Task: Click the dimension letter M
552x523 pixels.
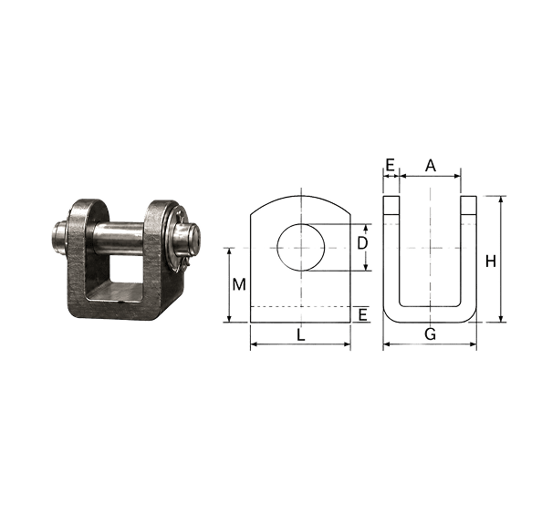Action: (x=239, y=284)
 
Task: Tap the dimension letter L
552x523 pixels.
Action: (x=300, y=335)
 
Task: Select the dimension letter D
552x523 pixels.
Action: (x=362, y=243)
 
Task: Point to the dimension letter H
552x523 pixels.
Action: (x=490, y=261)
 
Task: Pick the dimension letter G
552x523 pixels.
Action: (x=430, y=334)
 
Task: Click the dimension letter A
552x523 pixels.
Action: (x=430, y=165)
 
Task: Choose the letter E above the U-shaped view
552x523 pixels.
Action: (x=390, y=165)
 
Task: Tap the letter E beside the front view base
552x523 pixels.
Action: (x=362, y=314)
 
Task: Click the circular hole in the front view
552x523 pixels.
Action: (x=300, y=248)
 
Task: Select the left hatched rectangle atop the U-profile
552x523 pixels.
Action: (x=391, y=205)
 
